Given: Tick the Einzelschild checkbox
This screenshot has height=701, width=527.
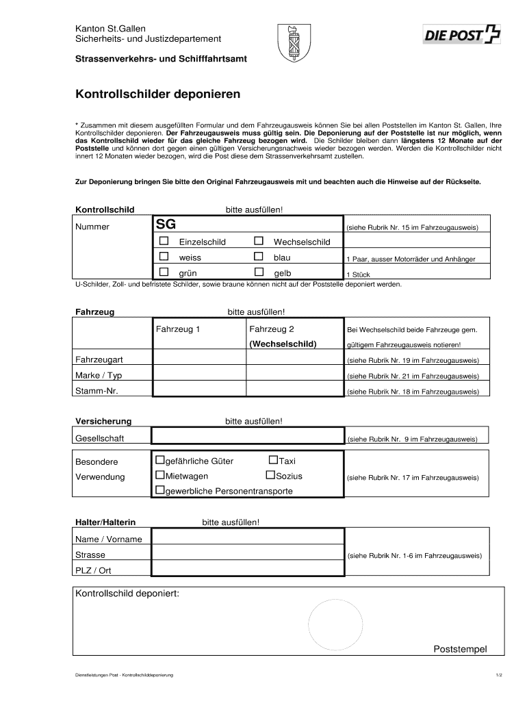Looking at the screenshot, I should click(x=164, y=241).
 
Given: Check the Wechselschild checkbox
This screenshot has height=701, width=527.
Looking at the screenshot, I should click(x=259, y=241).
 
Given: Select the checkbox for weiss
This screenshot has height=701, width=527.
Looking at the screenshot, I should click(x=164, y=257).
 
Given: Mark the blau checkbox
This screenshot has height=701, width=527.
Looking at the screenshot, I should click(x=259, y=257).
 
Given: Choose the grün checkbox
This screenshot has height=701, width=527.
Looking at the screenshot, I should click(x=164, y=272).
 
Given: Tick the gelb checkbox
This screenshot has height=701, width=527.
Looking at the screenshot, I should click(x=259, y=272).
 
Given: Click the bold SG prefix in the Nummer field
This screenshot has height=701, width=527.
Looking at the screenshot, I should click(x=166, y=225).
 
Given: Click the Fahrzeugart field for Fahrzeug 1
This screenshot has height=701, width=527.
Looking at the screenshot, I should click(x=199, y=359).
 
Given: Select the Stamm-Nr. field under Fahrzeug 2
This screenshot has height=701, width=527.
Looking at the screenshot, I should click(x=294, y=391).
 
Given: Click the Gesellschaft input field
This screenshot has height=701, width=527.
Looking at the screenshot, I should click(x=247, y=437).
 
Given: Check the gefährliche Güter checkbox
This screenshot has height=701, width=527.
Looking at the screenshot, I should click(x=160, y=461).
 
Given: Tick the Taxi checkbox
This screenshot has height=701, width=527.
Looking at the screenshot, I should click(x=273, y=461).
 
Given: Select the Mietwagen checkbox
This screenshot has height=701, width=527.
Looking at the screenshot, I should click(x=160, y=475).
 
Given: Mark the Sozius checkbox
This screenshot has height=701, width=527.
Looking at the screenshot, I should click(x=270, y=475).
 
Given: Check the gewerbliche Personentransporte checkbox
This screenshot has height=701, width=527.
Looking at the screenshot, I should click(x=160, y=490).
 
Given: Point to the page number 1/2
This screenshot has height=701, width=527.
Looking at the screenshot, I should click(x=499, y=676).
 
